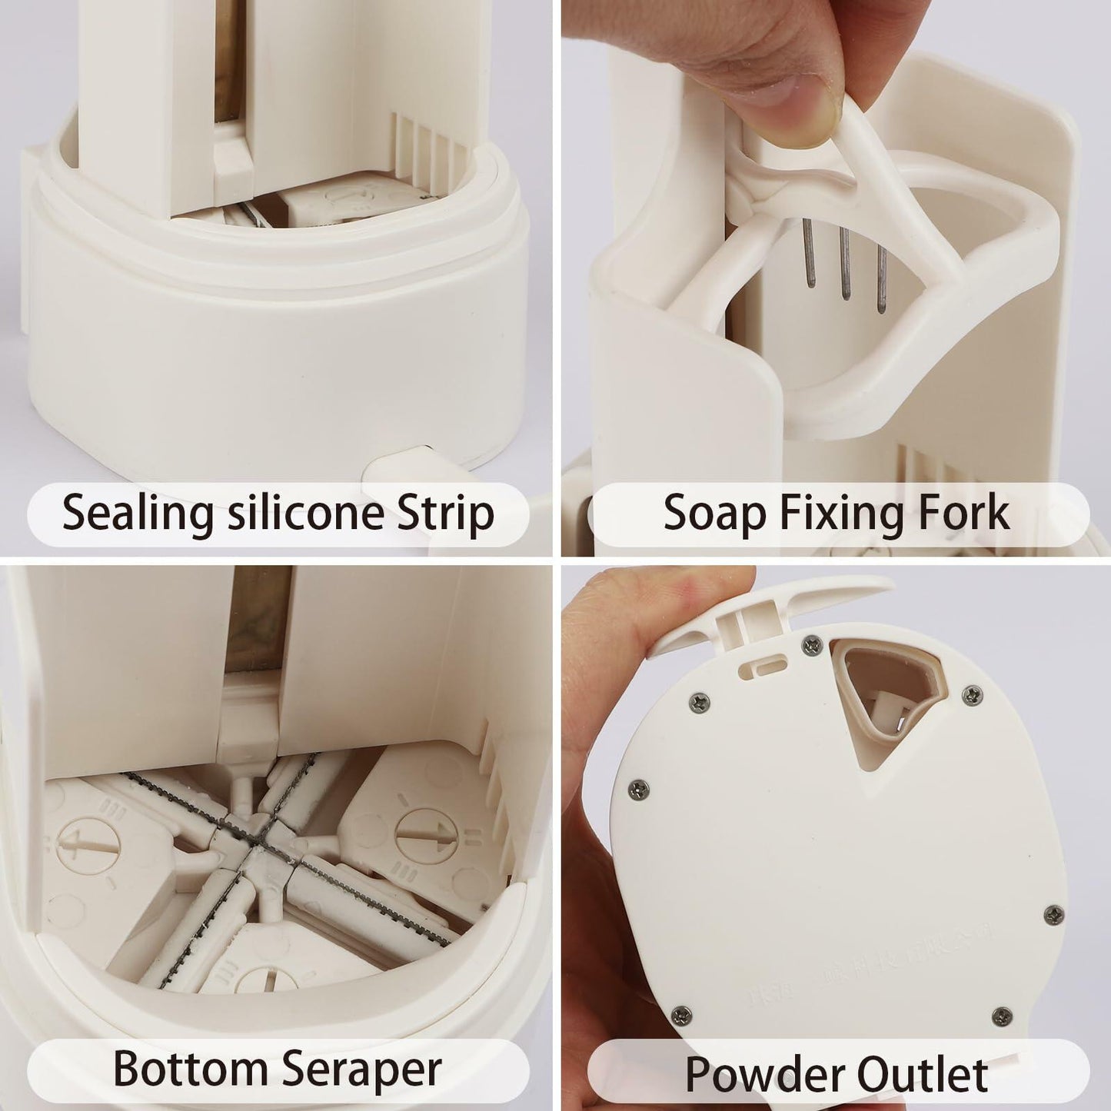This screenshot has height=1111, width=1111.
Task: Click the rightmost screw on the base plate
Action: [1049, 914]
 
